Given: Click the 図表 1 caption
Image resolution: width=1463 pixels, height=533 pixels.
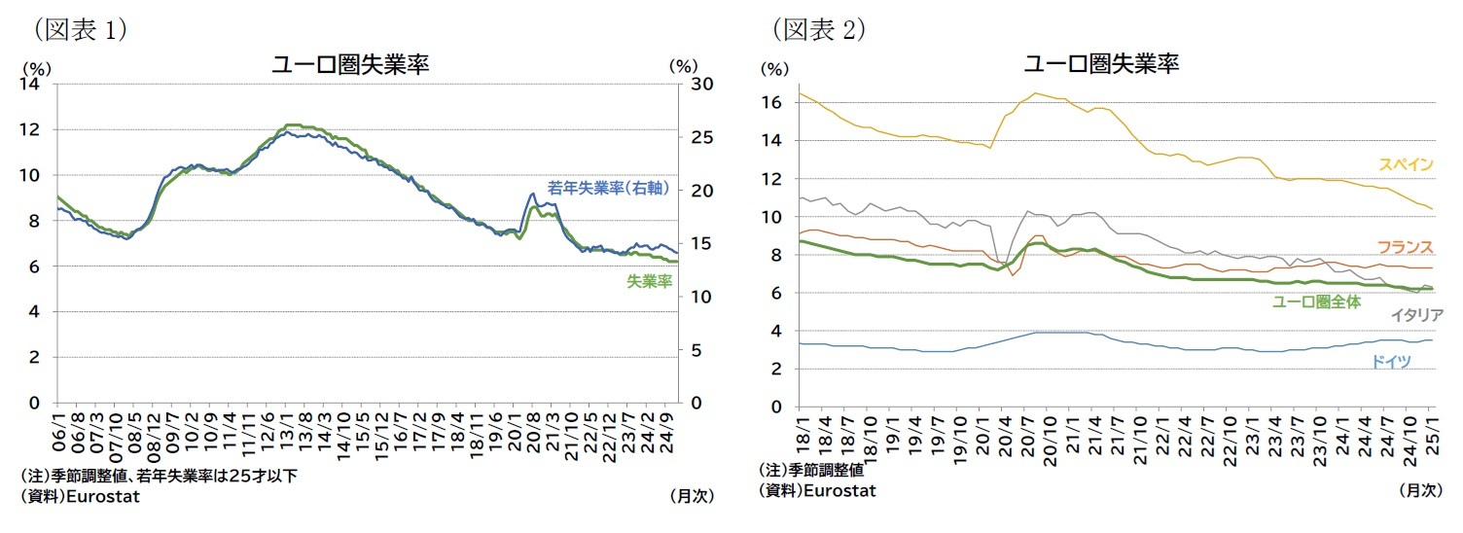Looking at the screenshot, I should [x=81, y=30].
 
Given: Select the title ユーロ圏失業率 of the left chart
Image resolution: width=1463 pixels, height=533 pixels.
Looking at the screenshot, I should [x=351, y=64].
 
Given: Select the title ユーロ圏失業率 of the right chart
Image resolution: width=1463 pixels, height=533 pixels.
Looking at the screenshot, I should [x=1101, y=64].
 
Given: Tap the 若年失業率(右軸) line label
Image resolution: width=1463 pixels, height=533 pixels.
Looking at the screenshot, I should [x=608, y=188].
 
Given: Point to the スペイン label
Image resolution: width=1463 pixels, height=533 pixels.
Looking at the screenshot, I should [x=1406, y=163].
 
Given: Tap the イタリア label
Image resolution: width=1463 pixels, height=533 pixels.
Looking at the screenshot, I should [x=1416, y=314].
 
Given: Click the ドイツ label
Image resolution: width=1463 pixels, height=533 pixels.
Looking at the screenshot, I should [x=1390, y=361].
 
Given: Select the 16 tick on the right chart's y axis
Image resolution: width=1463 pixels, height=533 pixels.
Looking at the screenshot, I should [x=775, y=102].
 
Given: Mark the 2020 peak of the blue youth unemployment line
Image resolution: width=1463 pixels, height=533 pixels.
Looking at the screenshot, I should [x=532, y=194].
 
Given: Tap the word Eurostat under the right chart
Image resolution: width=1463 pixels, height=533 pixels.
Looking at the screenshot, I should [x=838, y=490].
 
